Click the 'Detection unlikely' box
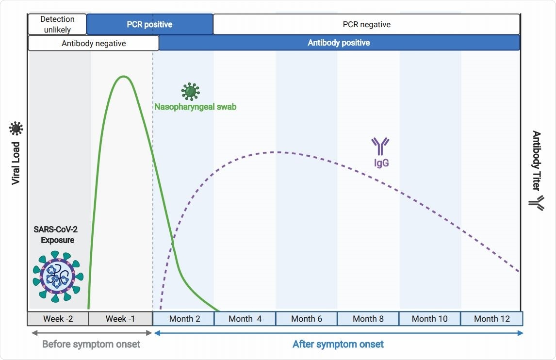(57, 24)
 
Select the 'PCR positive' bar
(149, 24)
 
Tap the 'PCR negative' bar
(366, 24)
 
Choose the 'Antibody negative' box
(94, 43)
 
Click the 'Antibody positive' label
(339, 43)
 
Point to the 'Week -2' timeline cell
(58, 319)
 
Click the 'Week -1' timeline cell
(120, 319)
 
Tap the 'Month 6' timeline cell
(306, 319)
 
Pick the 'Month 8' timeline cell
(368, 319)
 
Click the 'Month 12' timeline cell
(491, 319)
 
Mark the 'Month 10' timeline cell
(429, 319)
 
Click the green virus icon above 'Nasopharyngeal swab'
(190, 91)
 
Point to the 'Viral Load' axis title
(16, 163)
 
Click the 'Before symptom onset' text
(91, 344)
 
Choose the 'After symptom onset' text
(338, 344)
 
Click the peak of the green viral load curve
(124, 76)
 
